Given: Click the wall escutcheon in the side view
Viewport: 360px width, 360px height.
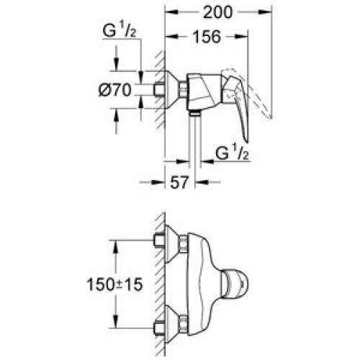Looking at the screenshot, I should (173, 89).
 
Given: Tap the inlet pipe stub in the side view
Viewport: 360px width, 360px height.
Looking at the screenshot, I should (158, 89).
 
